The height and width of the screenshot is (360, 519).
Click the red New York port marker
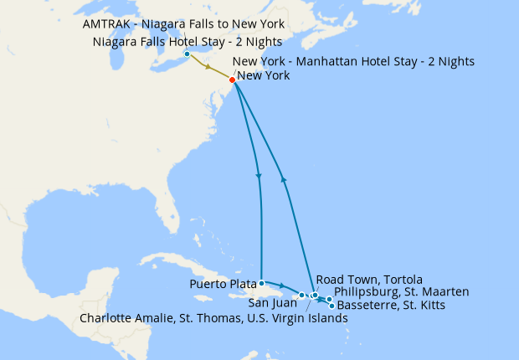point(232,80)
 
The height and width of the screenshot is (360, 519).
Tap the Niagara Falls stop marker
point(187,55)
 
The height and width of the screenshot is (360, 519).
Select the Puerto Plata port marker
point(262,283)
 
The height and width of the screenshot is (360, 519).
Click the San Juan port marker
point(301,295)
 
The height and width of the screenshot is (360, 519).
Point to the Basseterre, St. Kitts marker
point(332,306)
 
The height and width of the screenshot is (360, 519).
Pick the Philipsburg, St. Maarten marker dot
point(329,299)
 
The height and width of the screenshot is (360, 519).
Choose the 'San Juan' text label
point(270,304)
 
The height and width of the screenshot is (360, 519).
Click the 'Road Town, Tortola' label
point(369,279)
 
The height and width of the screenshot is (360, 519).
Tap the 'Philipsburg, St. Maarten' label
point(401,291)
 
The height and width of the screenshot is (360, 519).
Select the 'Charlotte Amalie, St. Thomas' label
point(213,318)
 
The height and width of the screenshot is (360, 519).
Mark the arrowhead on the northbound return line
point(284,178)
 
